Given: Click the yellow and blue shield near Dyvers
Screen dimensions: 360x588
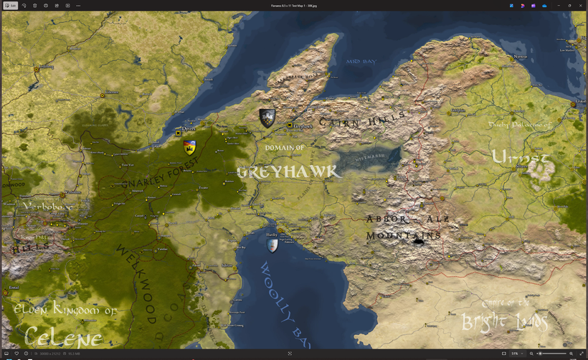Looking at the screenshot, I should click(x=190, y=147).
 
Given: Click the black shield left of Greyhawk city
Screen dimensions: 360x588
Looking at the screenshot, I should click(x=267, y=118).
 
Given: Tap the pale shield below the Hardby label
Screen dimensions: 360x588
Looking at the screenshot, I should click(x=272, y=245).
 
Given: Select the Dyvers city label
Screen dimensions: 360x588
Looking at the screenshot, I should click(x=189, y=128).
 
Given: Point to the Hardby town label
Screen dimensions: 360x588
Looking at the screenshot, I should click(x=272, y=235).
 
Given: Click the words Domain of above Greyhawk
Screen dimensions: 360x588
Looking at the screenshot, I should click(x=285, y=148).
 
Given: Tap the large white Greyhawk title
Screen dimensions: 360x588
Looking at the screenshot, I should click(x=288, y=172).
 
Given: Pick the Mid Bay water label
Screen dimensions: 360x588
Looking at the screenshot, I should click(x=361, y=62).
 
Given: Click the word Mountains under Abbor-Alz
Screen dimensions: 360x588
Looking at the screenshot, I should click(x=404, y=236).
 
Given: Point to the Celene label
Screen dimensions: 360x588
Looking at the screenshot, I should click(x=63, y=336).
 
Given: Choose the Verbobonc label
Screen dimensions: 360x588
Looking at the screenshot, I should click(x=48, y=207).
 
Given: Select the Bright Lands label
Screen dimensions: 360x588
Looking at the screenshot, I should click(x=506, y=321).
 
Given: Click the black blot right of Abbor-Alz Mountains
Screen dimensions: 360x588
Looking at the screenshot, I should click(x=419, y=242).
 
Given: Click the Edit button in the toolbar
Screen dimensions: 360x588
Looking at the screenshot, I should click(x=10, y=5).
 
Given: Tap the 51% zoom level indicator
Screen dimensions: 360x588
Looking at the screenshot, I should click(x=515, y=354).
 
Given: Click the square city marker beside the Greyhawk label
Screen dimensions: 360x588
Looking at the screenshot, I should click(x=290, y=126).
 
